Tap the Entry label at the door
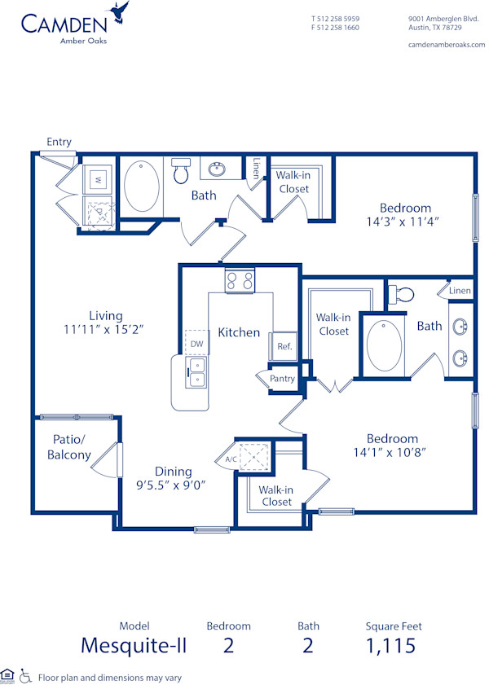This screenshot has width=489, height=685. point(59,142)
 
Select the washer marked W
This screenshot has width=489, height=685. point(98,178)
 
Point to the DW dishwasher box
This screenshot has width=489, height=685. point(196,344)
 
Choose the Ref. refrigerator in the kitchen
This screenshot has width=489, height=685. point(284,346)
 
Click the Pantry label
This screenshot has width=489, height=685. point(282,379)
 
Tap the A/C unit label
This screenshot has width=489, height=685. point(230,459)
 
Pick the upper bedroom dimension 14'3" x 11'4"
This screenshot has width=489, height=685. point(404,222)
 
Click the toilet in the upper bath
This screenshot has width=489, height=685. point(182,172)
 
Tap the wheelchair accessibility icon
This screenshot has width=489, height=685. point(25,676)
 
